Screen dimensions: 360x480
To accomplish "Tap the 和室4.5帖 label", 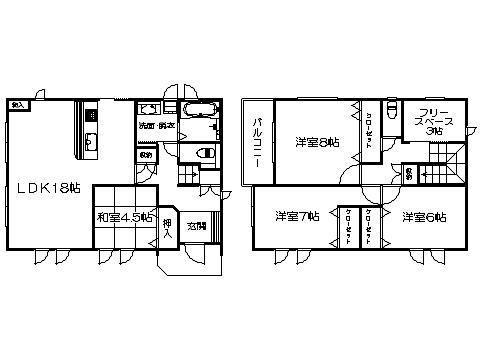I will [x=126, y=217].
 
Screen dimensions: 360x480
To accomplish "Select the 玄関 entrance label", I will [x=196, y=226].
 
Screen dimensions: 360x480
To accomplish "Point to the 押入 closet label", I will [x=167, y=229].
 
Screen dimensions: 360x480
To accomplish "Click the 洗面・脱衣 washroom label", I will [x=158, y=126].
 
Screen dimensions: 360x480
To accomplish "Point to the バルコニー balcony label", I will [x=258, y=141].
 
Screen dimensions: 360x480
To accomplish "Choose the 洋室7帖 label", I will [x=295, y=216].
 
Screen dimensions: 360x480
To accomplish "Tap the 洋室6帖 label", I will [x=425, y=216].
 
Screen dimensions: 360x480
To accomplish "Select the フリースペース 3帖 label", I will [x=434, y=122].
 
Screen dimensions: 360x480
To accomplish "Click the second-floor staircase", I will [x=445, y=170].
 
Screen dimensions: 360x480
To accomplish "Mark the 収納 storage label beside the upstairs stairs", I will [x=410, y=175].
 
